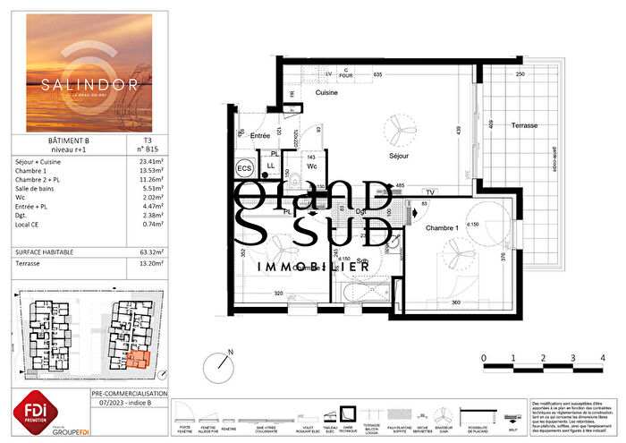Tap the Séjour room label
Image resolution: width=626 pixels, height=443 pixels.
(399, 156)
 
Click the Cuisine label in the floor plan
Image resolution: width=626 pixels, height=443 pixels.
(326, 90)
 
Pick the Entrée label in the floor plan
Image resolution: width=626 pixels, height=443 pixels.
(260, 135)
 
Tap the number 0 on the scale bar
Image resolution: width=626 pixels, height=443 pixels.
(484, 357)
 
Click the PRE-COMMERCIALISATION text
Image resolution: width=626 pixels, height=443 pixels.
(129, 394)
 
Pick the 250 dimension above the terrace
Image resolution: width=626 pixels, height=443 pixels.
(519, 74)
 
